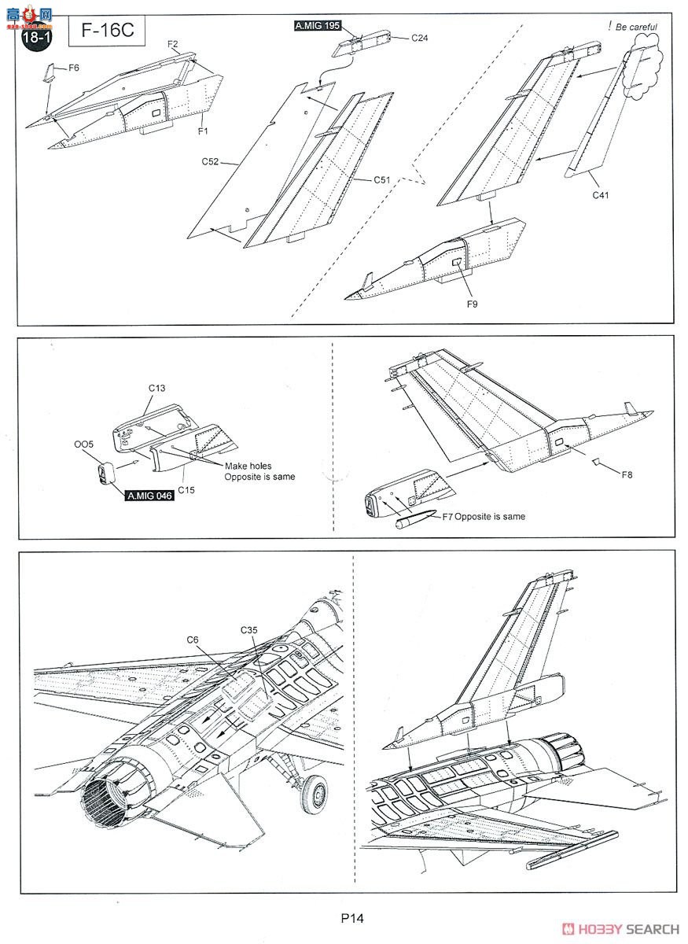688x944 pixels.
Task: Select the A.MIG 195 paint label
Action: click(318, 26)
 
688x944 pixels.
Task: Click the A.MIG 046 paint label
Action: click(149, 495)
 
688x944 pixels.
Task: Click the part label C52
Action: click(210, 161)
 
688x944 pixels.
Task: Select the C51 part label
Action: click(382, 180)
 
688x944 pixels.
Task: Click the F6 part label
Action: click(73, 68)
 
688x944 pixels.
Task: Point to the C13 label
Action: click(157, 389)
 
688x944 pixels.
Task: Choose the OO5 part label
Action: click(83, 444)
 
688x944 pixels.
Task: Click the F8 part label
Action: click(627, 475)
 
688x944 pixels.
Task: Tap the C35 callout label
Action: click(251, 631)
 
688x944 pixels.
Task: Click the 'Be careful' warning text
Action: click(636, 27)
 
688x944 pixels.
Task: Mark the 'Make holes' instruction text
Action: click(249, 466)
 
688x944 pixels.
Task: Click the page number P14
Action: click(351, 917)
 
